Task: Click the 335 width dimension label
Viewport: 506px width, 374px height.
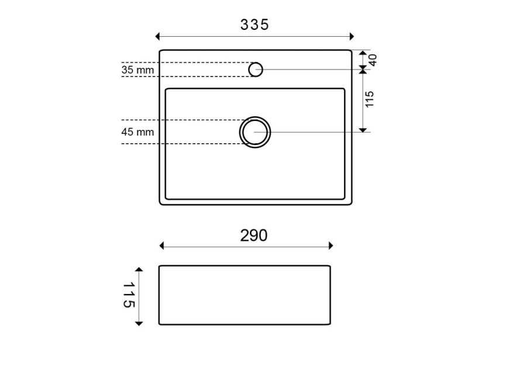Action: (x=254, y=25)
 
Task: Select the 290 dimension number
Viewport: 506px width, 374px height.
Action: (x=254, y=236)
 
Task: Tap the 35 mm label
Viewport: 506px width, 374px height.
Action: (x=138, y=70)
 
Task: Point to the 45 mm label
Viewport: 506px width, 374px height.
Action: (x=138, y=132)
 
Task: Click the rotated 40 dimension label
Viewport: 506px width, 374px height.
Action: (x=373, y=60)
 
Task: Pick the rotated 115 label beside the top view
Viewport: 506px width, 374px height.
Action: (x=370, y=99)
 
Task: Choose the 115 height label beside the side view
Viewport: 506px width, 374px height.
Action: (x=129, y=295)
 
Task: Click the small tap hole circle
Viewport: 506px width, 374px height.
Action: (x=256, y=70)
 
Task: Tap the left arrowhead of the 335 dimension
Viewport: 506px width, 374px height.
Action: (x=157, y=36)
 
